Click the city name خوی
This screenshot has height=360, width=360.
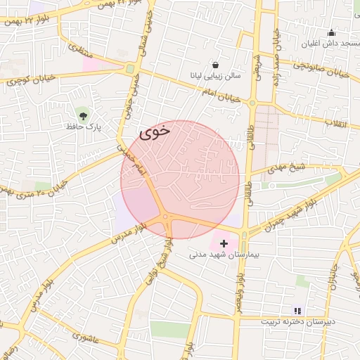(155, 131)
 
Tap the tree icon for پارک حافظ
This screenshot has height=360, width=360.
(84, 115)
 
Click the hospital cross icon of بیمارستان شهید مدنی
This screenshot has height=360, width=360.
(224, 243)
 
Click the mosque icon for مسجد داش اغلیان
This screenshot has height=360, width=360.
(332, 32)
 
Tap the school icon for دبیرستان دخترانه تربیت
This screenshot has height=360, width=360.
(297, 310)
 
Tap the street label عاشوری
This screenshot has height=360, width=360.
(96, 337)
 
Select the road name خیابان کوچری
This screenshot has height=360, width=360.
(28, 82)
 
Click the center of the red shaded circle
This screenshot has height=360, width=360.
(180, 179)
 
